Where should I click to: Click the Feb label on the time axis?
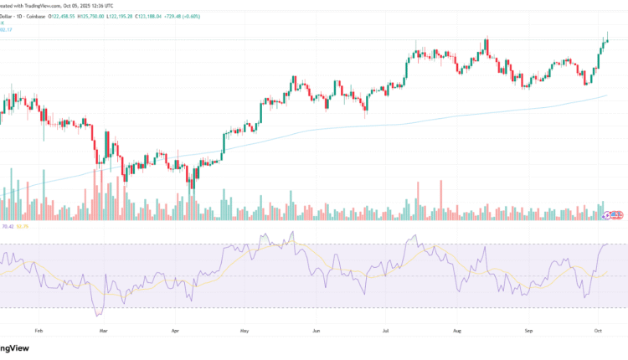tap(38, 331)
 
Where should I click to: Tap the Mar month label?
tap(103, 331)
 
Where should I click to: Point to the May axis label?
tap(244, 331)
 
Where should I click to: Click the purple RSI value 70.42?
tap(8, 226)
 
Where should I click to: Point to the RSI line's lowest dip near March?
tap(98, 315)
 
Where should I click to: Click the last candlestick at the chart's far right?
tap(608, 38)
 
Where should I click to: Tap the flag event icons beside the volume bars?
tap(614, 215)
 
